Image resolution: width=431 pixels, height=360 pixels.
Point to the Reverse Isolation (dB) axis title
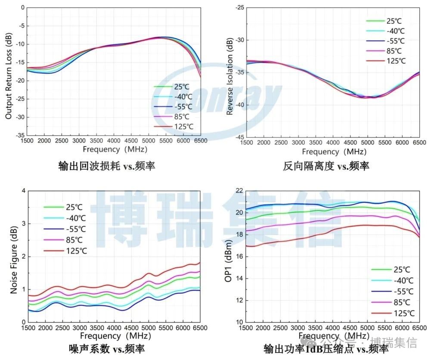click(230, 76)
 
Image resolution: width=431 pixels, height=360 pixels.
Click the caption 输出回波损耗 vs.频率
click(106, 166)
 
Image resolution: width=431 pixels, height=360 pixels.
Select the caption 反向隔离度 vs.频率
click(326, 166)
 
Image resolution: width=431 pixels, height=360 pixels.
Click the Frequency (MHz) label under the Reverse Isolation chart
click(334, 152)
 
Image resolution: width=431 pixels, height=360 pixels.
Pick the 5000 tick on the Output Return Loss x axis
click(149, 141)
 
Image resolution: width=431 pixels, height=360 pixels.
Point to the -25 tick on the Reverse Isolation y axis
click(239, 8)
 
